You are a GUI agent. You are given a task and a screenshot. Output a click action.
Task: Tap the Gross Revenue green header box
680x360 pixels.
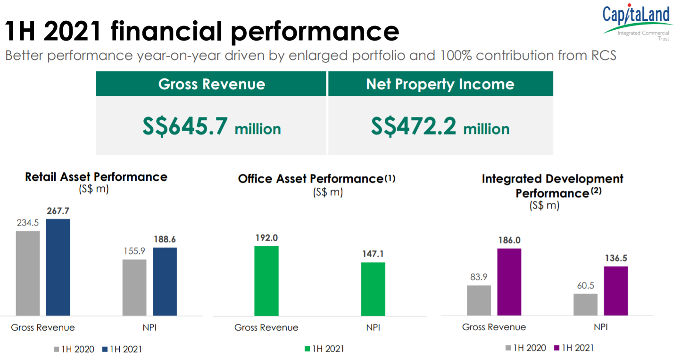211,84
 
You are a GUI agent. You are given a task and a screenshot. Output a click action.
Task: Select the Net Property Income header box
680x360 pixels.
440,84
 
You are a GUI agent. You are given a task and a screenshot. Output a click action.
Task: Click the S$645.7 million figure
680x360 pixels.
211,126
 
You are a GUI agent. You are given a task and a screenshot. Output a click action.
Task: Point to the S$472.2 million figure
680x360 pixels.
440,126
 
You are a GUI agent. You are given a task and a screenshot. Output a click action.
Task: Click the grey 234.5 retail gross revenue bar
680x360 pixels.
28,273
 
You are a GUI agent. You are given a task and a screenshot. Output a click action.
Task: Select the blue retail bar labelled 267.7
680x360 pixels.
58,267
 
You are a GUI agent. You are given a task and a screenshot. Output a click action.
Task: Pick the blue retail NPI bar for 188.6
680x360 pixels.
165,282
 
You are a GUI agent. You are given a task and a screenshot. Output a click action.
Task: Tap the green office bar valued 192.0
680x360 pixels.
266,281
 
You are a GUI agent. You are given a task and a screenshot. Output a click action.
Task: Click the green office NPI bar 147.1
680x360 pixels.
373,289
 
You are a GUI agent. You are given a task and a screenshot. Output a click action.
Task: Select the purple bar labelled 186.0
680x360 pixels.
509,282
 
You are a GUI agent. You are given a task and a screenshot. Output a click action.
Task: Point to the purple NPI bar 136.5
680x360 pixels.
616,291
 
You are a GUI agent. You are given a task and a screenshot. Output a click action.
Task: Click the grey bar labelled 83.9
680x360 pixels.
479,300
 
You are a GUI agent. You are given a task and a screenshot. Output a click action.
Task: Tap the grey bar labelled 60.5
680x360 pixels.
585,304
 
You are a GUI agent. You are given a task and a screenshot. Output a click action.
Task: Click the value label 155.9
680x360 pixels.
134,251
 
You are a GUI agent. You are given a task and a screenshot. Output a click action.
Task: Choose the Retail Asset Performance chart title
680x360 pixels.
96,177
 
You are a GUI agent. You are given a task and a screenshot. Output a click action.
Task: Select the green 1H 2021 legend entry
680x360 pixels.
324,349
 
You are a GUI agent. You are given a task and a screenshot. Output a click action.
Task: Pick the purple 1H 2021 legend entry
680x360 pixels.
573,348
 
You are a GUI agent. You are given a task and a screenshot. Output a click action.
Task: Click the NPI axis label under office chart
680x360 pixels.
373,327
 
